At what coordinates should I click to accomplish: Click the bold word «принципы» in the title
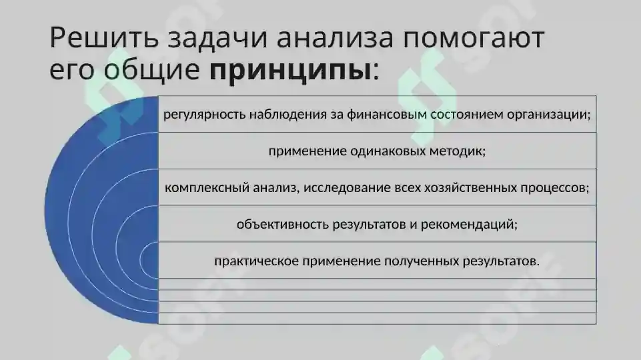pyautogui.click(x=289, y=69)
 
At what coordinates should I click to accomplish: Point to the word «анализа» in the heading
pyautogui.click(x=324, y=38)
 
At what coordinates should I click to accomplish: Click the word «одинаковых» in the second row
pyautogui.click(x=385, y=151)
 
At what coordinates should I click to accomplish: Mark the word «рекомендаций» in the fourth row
pyautogui.click(x=470, y=224)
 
